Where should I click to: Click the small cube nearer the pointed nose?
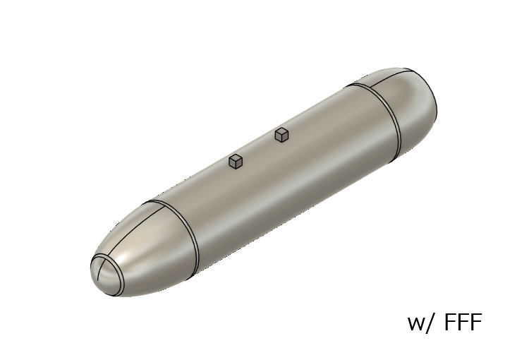[x=236, y=162]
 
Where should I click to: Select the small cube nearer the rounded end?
[x=282, y=134]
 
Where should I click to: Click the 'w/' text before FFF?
[x=423, y=323]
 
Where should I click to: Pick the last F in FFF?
[x=475, y=323]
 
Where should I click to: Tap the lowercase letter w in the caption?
[x=416, y=325]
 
